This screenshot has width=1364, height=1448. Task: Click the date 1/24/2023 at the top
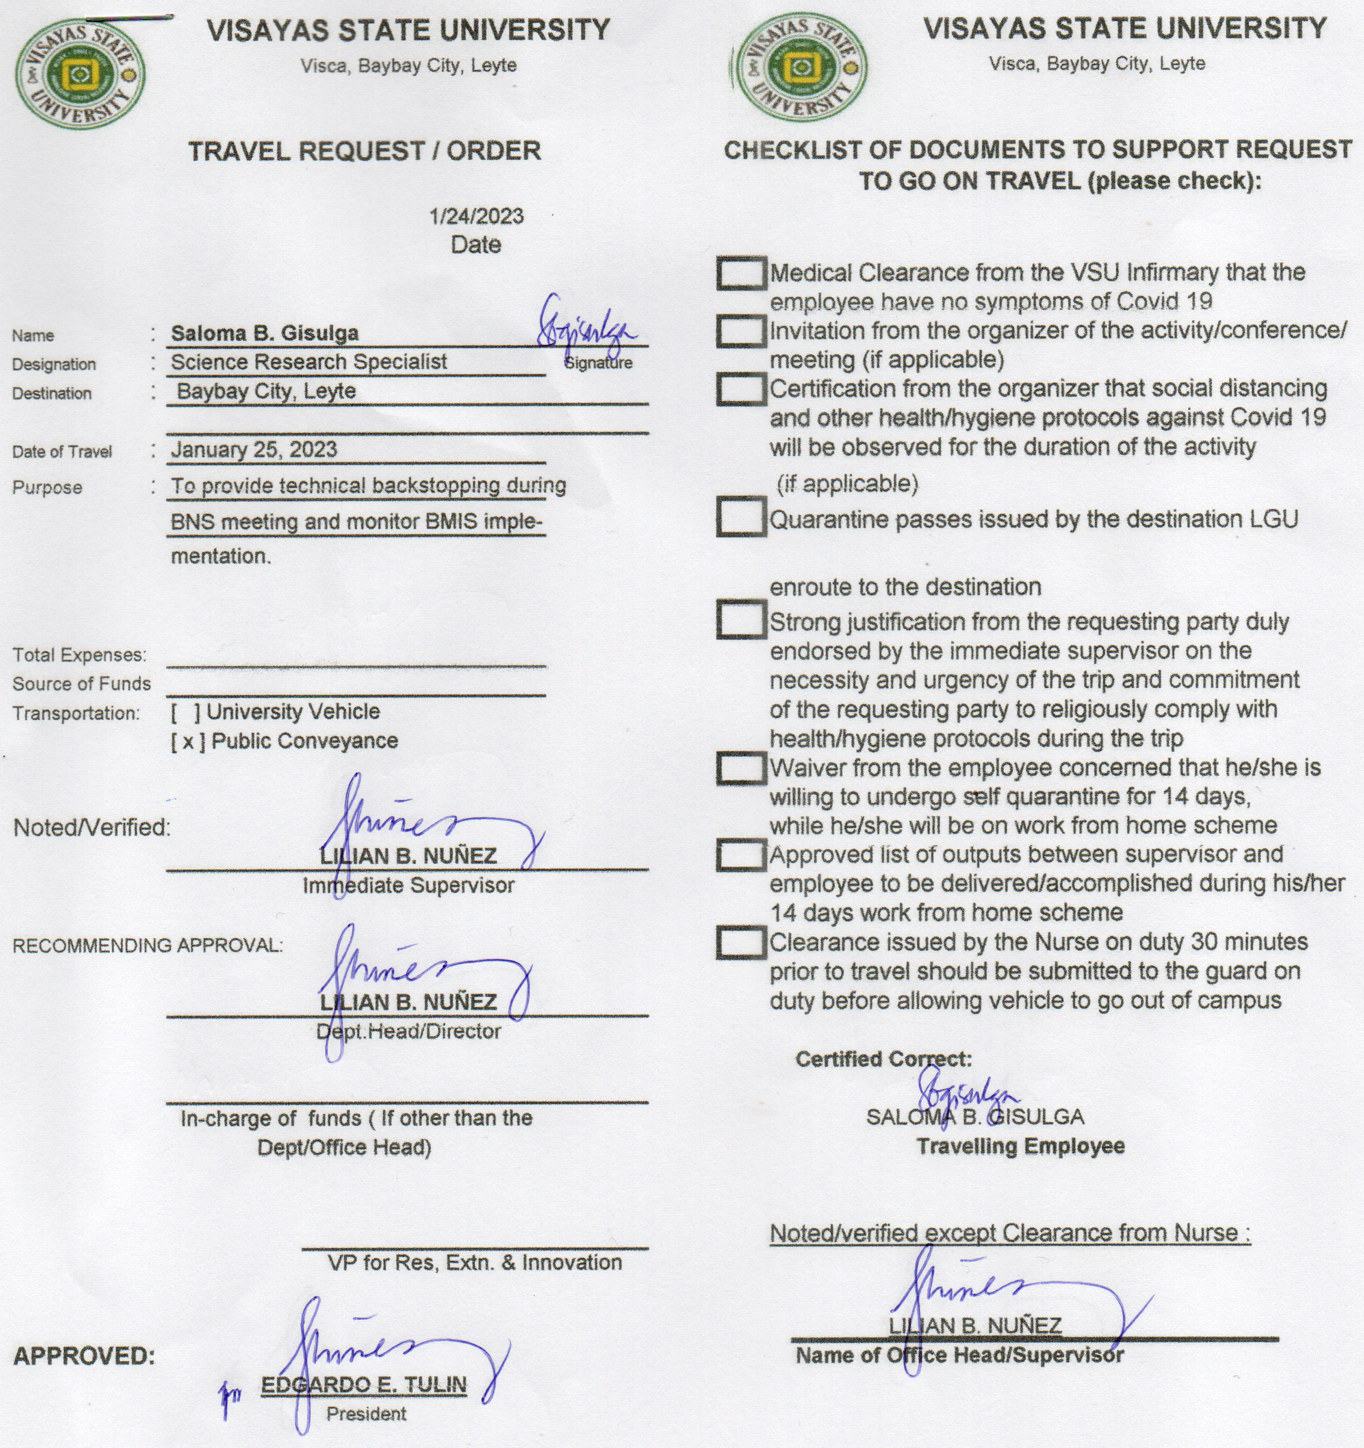(x=476, y=216)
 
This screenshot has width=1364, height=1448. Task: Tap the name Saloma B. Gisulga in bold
(x=264, y=334)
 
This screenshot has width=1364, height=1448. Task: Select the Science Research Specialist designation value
(x=308, y=362)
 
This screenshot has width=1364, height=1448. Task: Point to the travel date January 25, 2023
(x=254, y=449)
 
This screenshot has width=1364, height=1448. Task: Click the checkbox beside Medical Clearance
(x=741, y=274)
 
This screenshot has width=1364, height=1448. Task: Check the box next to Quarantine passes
(x=741, y=517)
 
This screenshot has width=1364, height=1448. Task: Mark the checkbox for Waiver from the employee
(x=741, y=769)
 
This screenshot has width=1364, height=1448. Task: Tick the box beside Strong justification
(x=741, y=620)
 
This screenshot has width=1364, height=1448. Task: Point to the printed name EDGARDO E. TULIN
(x=363, y=1385)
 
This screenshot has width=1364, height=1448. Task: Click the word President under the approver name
(x=366, y=1414)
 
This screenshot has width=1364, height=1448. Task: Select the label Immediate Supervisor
(x=408, y=885)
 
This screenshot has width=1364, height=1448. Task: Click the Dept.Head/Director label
(x=408, y=1031)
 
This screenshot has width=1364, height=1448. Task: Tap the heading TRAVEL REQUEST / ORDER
(x=364, y=152)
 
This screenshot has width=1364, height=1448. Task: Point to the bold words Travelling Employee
(x=1020, y=1146)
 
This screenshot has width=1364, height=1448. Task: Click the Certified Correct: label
(x=883, y=1059)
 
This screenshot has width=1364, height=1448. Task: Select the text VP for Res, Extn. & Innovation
(x=474, y=1263)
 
